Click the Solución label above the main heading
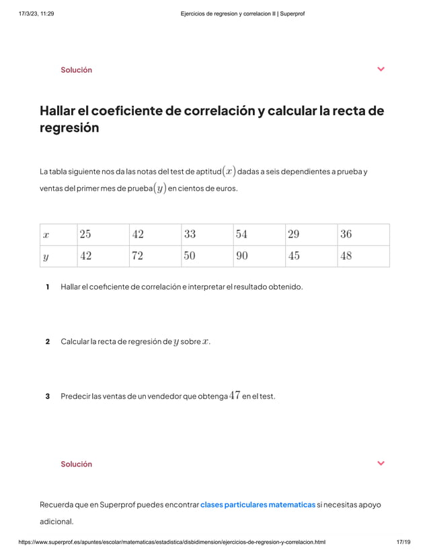pyautogui.click(x=76, y=70)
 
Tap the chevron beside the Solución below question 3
pyautogui.click(x=381, y=463)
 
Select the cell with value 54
pyautogui.click(x=258, y=235)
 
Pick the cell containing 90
pyautogui.click(x=258, y=256)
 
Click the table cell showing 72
pyautogui.click(x=154, y=256)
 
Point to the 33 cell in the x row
pyautogui.click(x=206, y=235)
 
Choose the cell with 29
pyautogui.click(x=311, y=235)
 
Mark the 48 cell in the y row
pyautogui.click(x=363, y=256)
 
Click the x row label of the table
pyautogui.click(x=57, y=235)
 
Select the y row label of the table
pyautogui.click(x=57, y=256)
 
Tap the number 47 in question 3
pyautogui.click(x=235, y=396)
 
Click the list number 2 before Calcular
pyautogui.click(x=47, y=341)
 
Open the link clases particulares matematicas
pyautogui.click(x=258, y=504)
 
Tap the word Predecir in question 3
pyautogui.click(x=75, y=396)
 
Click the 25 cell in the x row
pyautogui.click(x=101, y=235)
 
